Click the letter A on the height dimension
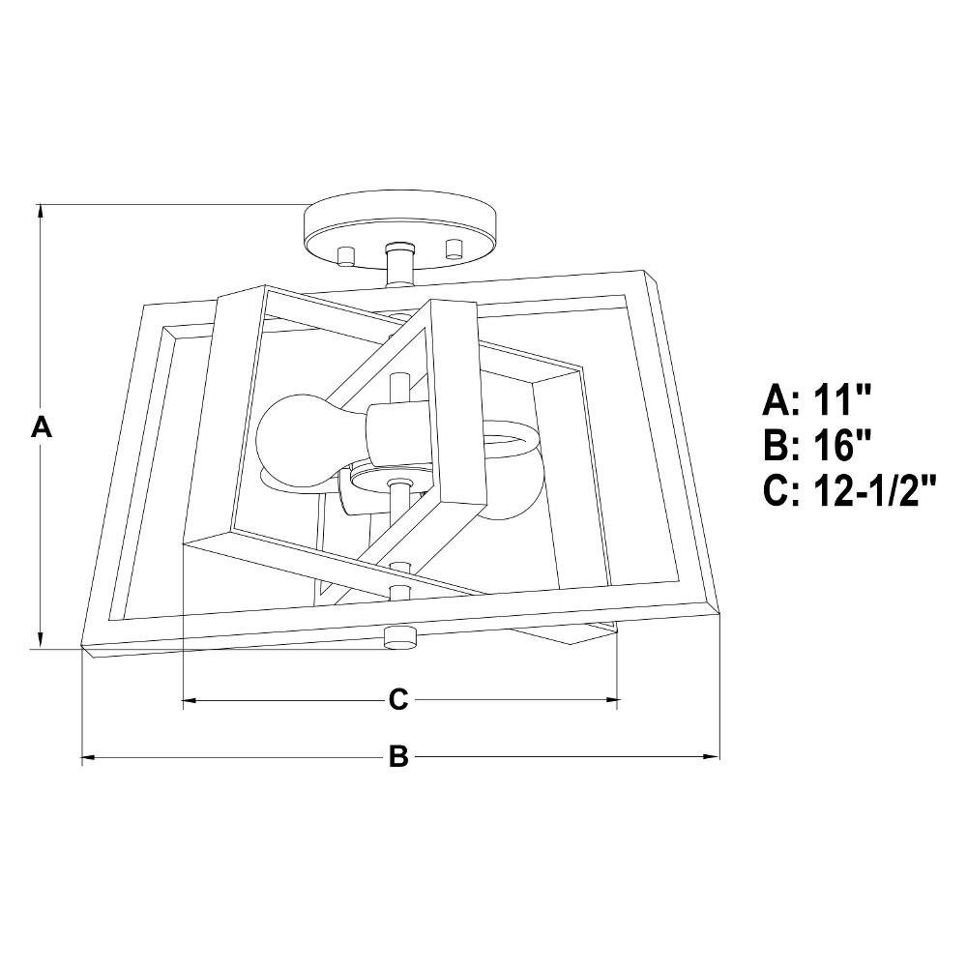pyautogui.click(x=42, y=426)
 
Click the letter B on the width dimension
pyautogui.click(x=399, y=756)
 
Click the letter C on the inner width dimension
pyautogui.click(x=398, y=700)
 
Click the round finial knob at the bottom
pyautogui.click(x=400, y=637)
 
